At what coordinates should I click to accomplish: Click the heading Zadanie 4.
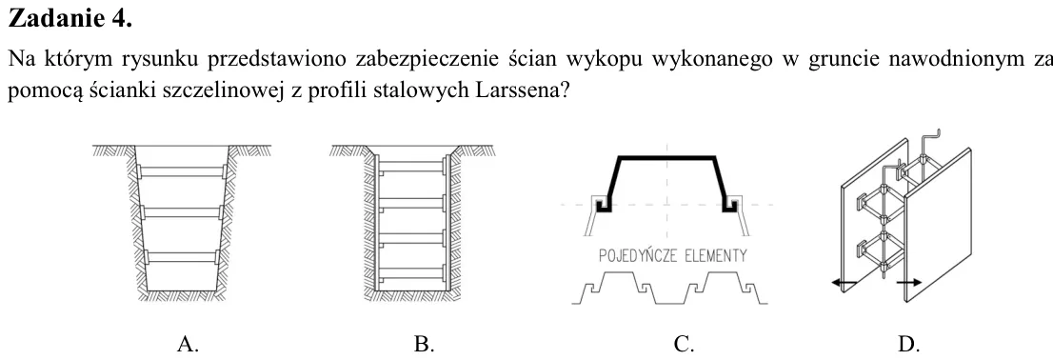pos(70,18)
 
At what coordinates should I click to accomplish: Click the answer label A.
pos(189,345)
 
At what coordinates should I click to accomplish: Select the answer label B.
pos(424,345)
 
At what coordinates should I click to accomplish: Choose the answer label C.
pos(684,345)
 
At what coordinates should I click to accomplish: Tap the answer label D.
pos(908,345)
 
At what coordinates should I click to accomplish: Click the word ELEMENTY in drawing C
pos(715,256)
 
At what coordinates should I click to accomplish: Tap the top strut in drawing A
pos(181,172)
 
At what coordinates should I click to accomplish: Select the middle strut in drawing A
pos(181,212)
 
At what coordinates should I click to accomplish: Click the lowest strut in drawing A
pos(181,256)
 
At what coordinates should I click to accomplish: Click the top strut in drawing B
pos(412,166)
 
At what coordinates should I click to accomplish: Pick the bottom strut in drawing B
pos(412,272)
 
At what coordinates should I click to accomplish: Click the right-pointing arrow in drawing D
pos(908,283)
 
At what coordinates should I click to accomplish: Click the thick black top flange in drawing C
pos(666,157)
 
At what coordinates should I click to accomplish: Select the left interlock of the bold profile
pos(603,204)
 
